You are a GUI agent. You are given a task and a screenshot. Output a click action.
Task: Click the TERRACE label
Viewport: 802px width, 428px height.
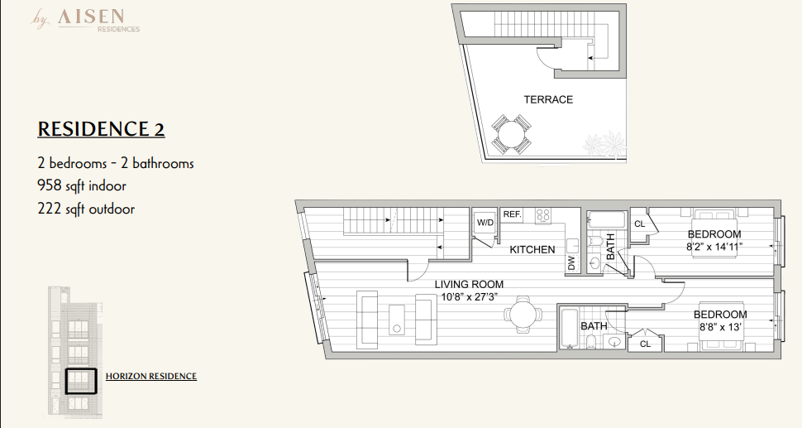pyautogui.click(x=548, y=99)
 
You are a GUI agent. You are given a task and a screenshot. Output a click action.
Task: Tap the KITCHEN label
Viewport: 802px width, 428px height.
pyautogui.click(x=532, y=249)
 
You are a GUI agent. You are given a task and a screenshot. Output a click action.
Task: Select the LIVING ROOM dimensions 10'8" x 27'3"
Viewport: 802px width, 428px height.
pyautogui.click(x=469, y=296)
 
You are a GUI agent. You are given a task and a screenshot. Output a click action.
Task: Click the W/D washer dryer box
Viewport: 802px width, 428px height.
pyautogui.click(x=485, y=223)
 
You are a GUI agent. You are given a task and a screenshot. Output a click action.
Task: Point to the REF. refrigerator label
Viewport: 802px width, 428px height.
pyautogui.click(x=512, y=214)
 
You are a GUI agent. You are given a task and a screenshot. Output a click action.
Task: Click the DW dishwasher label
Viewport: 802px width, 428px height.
pyautogui.click(x=572, y=262)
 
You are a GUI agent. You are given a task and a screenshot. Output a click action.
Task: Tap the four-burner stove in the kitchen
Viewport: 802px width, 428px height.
pyautogui.click(x=542, y=215)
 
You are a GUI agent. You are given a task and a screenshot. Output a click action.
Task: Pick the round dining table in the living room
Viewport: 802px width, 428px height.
pyautogui.click(x=522, y=313)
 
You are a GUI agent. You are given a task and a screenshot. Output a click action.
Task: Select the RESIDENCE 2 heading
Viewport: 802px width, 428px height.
pyautogui.click(x=101, y=128)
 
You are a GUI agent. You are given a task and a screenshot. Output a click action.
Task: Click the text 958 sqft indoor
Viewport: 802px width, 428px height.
pyautogui.click(x=82, y=185)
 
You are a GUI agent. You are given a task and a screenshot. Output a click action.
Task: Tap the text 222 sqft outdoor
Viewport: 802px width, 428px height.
pyautogui.click(x=86, y=209)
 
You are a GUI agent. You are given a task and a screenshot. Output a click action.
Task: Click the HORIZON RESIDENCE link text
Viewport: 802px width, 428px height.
pyautogui.click(x=150, y=377)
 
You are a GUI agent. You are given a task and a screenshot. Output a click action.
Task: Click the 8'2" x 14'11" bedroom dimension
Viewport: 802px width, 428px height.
pyautogui.click(x=714, y=246)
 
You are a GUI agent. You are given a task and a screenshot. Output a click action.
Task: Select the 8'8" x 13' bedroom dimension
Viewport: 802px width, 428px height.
pyautogui.click(x=720, y=327)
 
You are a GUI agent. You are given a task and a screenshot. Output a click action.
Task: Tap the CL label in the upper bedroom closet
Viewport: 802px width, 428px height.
pyautogui.click(x=639, y=224)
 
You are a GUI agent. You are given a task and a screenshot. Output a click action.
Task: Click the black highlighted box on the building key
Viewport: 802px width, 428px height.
pyautogui.click(x=81, y=382)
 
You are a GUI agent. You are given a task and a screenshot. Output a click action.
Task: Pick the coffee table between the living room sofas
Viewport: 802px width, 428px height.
pyautogui.click(x=396, y=320)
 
